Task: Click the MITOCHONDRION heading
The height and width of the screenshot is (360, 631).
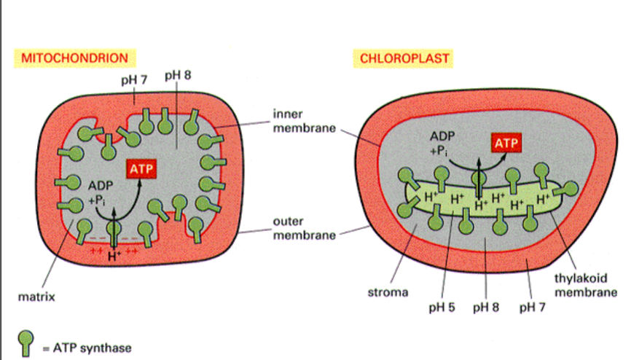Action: [x=75, y=58]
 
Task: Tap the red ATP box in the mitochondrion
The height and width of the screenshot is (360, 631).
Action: [x=143, y=170]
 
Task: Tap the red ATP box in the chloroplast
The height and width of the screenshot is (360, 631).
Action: [x=506, y=144]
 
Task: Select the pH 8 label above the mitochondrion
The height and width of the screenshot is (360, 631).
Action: [x=179, y=75]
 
